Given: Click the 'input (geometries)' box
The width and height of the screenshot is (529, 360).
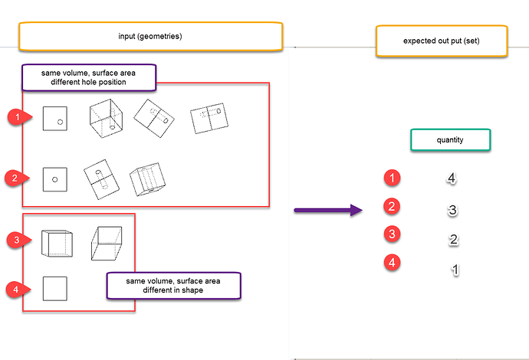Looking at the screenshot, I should [150, 35].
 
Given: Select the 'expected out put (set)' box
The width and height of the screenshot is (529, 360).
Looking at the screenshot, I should [442, 41].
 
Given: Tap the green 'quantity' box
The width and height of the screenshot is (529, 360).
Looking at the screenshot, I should [450, 140].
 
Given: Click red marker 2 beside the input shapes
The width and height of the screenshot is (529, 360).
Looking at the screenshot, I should [13, 178].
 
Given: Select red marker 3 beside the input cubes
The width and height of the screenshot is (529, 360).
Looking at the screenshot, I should [13, 241].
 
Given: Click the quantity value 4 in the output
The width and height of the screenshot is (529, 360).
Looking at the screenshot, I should [452, 178].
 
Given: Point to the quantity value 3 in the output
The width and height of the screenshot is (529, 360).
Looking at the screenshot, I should [452, 210].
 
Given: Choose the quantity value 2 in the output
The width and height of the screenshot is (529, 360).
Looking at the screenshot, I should [453, 240].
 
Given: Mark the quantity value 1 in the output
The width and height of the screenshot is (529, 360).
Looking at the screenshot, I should [454, 270].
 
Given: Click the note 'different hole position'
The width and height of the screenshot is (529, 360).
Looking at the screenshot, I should [88, 77].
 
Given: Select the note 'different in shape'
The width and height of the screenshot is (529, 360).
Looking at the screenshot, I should [172, 286].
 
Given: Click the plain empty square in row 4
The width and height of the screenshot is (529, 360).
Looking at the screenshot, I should [55, 289].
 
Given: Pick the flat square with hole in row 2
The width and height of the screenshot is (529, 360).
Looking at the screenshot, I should [55, 179].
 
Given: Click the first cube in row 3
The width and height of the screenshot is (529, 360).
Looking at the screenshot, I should [56, 242].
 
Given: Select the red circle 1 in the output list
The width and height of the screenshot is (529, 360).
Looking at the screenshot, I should [393, 178].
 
